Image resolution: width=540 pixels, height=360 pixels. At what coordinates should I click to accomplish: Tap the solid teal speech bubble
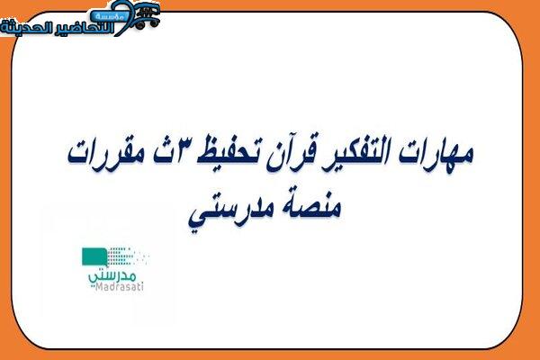94,256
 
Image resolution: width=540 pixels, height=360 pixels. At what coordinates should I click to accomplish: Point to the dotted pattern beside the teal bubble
128,256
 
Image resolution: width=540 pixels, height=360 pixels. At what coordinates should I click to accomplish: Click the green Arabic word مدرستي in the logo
112,275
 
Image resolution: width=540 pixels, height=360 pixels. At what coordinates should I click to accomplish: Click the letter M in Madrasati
98,286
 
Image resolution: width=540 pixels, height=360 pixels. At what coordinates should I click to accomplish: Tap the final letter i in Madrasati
142,286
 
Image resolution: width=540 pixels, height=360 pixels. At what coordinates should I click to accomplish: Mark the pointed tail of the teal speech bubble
106,266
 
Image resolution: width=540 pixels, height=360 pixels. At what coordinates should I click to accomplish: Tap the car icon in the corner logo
148,16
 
